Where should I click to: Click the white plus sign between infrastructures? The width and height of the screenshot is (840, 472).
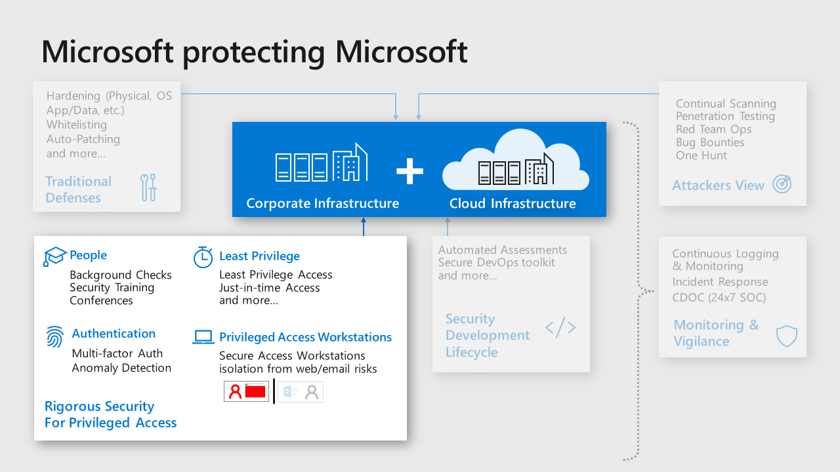(409, 172)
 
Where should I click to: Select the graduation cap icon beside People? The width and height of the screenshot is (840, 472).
(55, 256)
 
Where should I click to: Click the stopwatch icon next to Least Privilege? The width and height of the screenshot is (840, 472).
(203, 257)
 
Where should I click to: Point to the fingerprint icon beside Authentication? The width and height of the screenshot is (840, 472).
(55, 336)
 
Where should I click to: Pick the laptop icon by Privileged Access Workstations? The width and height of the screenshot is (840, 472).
(203, 337)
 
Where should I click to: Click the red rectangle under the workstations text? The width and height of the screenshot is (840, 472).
(255, 392)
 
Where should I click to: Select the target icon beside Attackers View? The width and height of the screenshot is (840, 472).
(782, 184)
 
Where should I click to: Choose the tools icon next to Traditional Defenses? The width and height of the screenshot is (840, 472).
(149, 187)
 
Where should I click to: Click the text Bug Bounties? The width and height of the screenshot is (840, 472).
(710, 142)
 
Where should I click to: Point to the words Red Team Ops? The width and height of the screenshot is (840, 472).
(713, 129)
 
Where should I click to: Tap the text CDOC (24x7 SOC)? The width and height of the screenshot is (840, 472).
(719, 298)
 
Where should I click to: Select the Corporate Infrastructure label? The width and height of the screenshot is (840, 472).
(322, 203)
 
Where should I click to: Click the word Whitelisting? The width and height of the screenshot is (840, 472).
(76, 125)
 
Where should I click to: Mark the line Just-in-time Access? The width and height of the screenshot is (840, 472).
(269, 288)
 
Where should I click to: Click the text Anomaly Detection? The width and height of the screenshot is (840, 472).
(121, 368)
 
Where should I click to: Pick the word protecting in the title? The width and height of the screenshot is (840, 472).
(253, 52)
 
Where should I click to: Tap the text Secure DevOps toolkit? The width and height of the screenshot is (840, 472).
(496, 262)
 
